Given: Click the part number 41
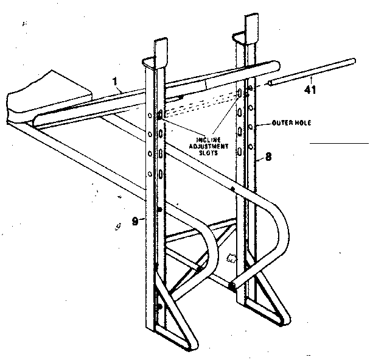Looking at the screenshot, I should (x=312, y=90).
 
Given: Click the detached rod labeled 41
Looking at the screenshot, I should (x=310, y=71).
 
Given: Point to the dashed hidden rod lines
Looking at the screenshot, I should (x=201, y=104).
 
